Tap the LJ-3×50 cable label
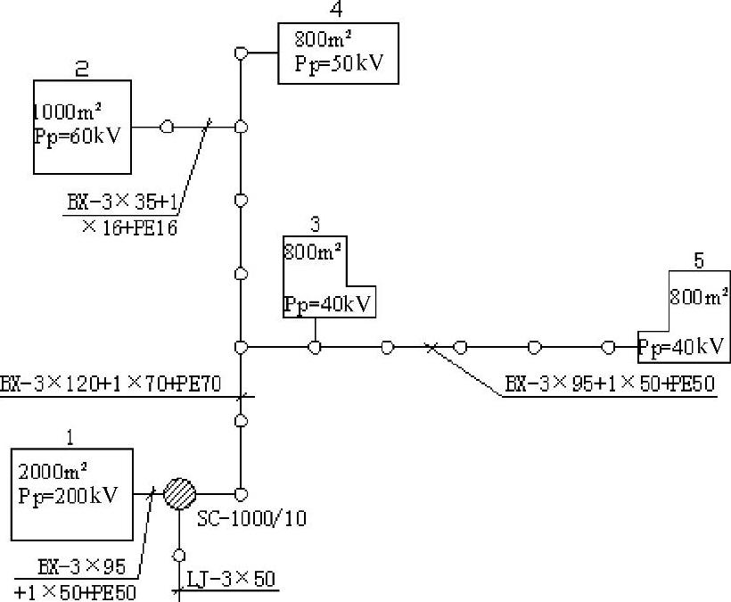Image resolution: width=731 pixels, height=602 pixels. (230, 579)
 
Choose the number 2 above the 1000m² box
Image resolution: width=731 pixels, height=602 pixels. (80, 68)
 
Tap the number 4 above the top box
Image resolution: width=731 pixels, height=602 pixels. (336, 11)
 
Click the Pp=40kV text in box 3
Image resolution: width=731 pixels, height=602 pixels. (327, 304)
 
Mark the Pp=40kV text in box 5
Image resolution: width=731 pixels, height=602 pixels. (684, 346)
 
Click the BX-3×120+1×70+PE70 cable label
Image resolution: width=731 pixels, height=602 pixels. (123, 384)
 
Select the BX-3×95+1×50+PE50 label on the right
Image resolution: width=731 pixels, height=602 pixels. (611, 384)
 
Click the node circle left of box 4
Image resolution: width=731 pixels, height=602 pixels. (240, 54)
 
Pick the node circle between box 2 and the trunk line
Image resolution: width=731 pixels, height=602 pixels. (167, 127)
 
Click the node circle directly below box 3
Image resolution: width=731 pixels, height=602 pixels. (315, 346)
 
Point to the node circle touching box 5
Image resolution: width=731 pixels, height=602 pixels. (608, 346)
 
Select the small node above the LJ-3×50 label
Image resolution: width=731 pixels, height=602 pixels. (179, 553)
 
